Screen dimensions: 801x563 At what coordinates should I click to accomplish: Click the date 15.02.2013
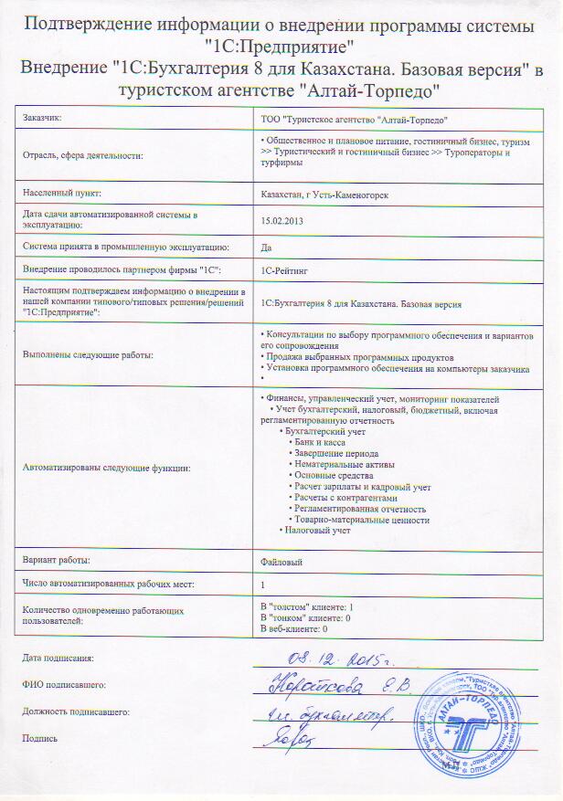pos(282,221)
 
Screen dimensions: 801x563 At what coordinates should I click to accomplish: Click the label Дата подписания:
pos(58,658)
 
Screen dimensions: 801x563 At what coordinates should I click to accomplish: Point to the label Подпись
pos(39,738)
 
